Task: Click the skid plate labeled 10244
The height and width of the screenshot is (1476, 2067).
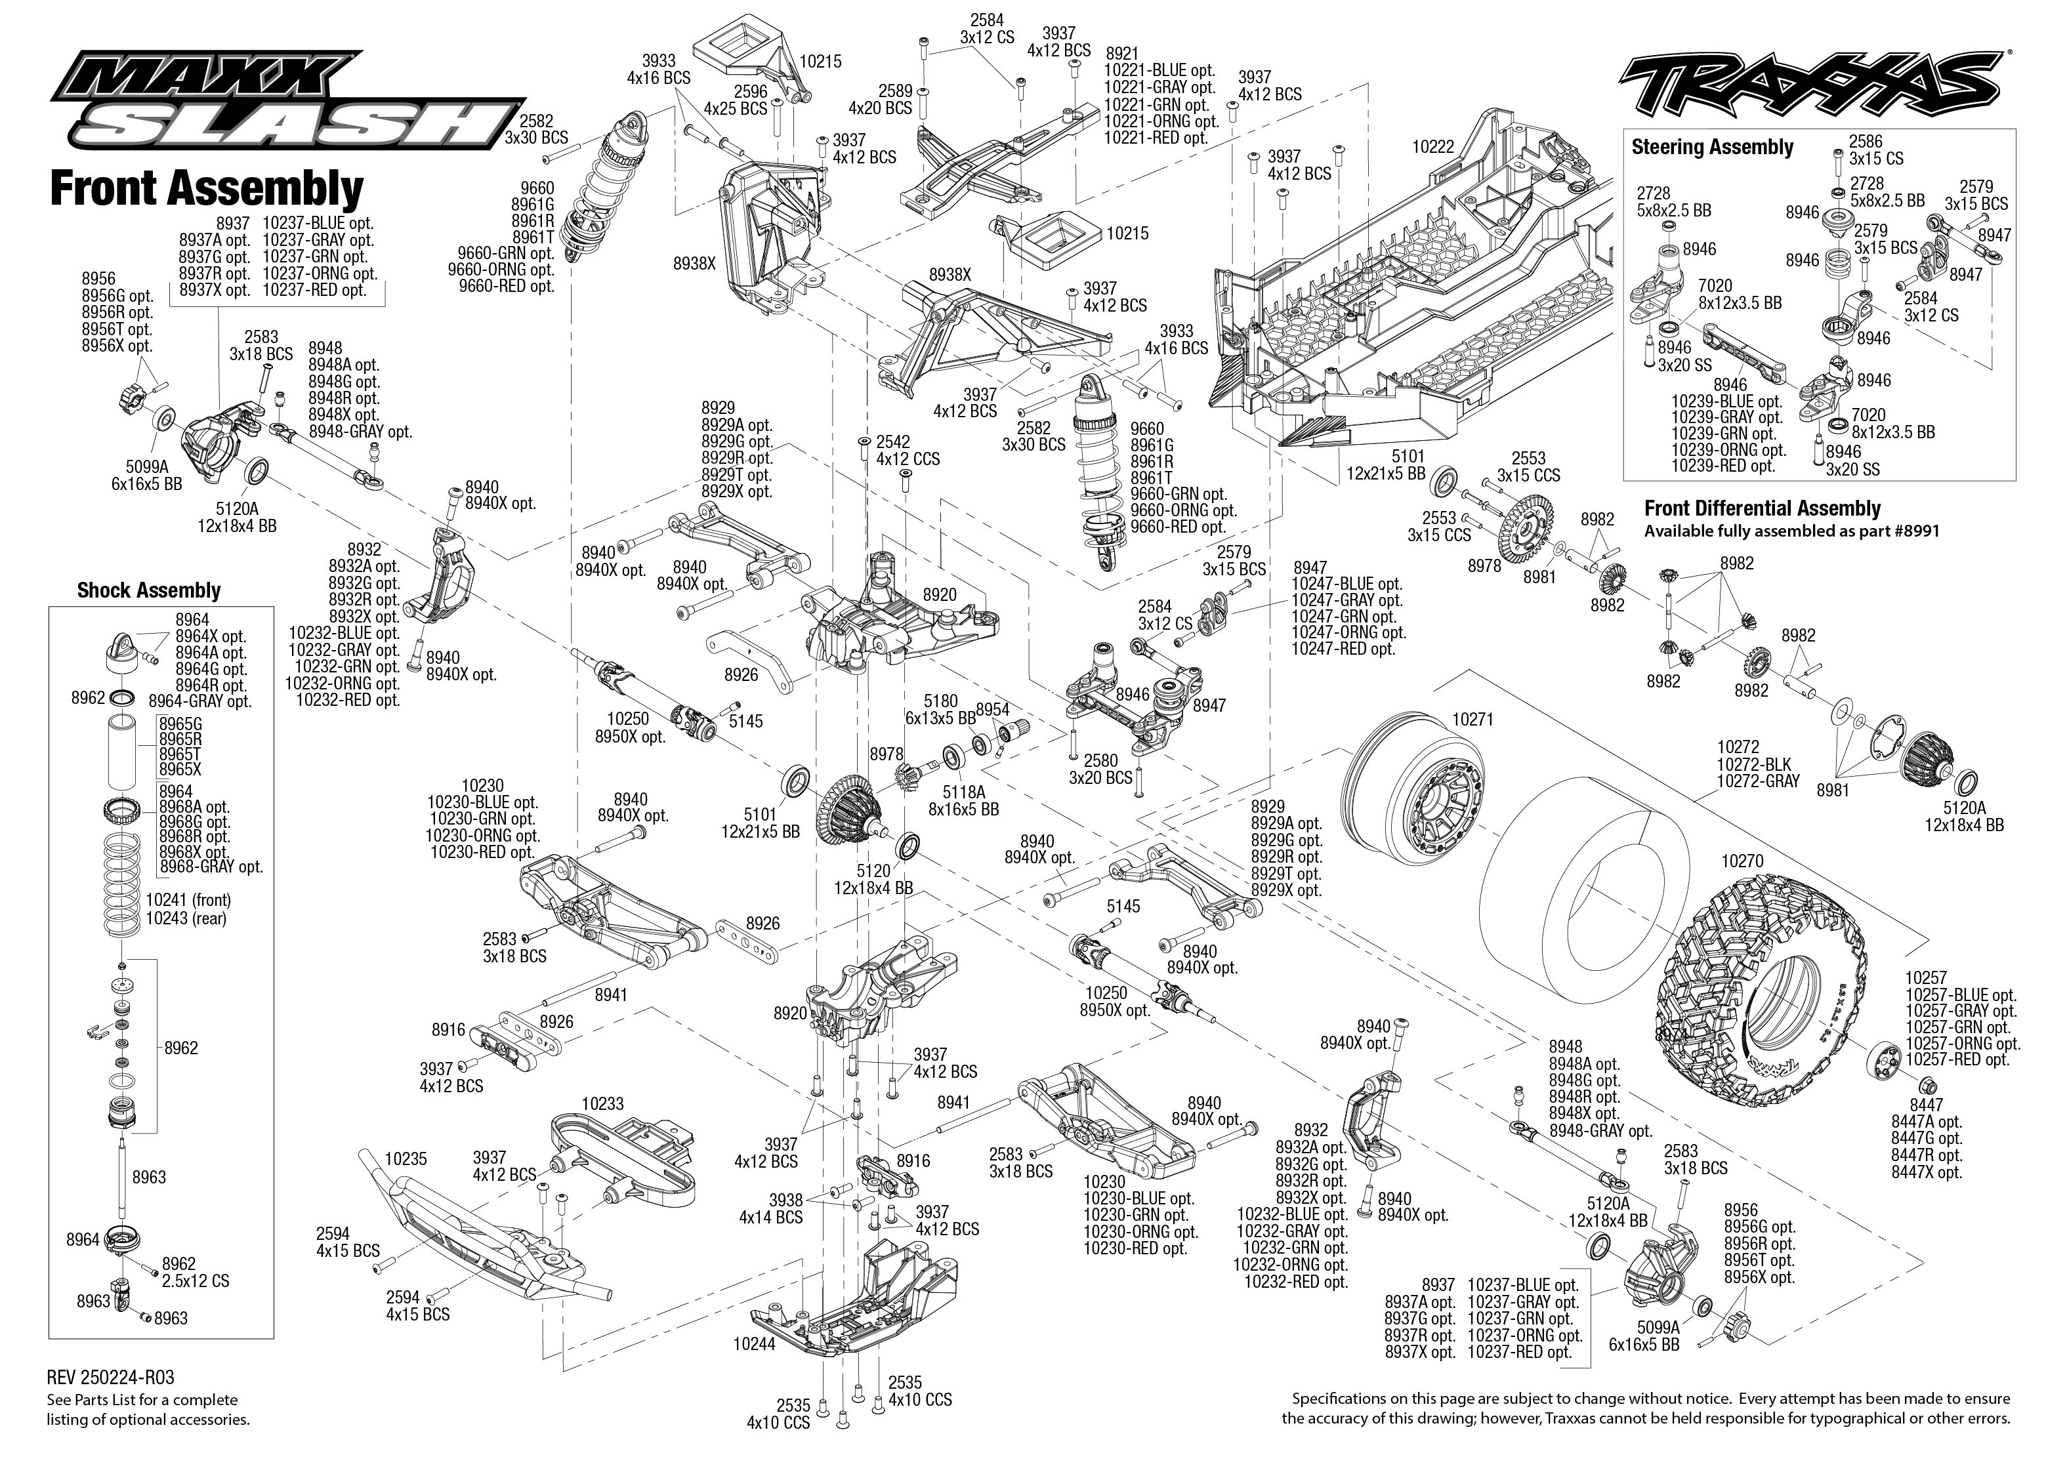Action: [854, 1300]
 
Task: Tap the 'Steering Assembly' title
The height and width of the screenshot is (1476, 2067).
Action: [1711, 147]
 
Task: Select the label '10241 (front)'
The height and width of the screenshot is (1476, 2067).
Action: [188, 900]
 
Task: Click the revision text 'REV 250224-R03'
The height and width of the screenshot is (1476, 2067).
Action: [110, 1379]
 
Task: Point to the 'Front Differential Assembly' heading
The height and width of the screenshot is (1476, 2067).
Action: [1762, 509]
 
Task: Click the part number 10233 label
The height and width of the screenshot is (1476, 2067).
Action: [602, 1103]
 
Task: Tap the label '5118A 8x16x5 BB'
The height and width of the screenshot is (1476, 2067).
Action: [963, 800]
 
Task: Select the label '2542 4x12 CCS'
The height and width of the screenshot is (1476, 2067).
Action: [906, 450]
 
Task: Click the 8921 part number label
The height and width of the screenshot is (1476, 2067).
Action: [1121, 54]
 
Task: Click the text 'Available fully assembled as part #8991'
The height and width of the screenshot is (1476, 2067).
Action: [1791, 531]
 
